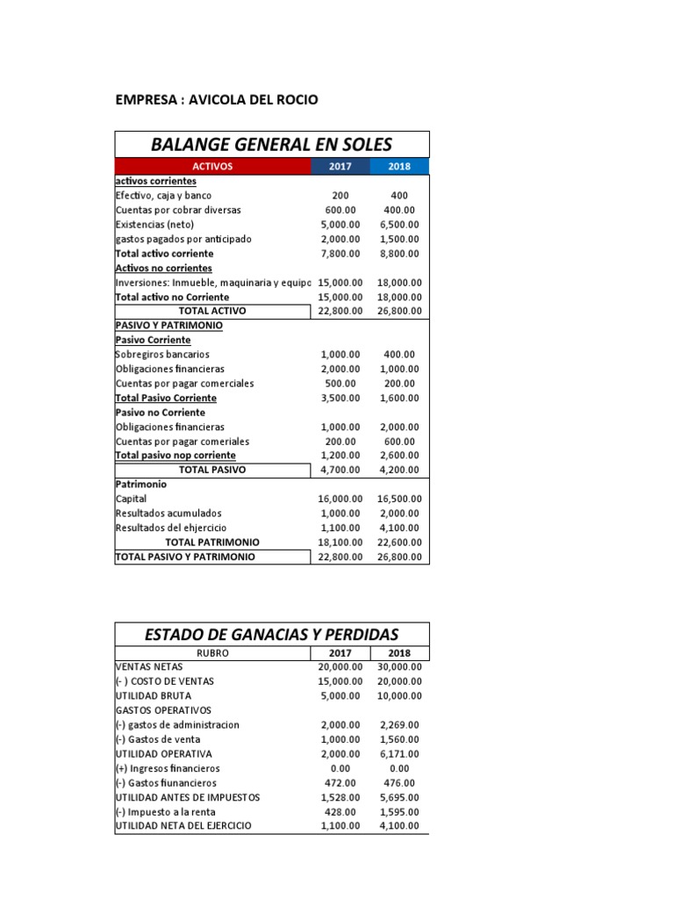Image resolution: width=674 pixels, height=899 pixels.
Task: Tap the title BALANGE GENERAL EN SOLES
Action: coord(271,144)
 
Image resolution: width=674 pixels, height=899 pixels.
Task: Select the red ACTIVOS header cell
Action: coord(212,166)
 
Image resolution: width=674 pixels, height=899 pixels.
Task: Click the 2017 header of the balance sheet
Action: coord(340,166)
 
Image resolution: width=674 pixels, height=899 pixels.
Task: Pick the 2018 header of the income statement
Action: coord(399,652)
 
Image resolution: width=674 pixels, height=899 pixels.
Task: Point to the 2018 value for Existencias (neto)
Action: coord(399,225)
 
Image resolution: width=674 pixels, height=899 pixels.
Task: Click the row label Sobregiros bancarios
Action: coord(163,354)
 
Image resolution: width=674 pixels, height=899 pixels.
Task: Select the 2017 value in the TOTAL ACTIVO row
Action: coord(340,311)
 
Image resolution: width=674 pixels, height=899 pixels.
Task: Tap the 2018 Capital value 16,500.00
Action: coord(399,499)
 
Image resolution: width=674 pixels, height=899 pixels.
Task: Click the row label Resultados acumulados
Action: coord(168,513)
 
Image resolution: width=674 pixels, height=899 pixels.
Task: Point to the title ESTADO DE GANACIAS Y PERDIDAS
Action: coord(271,634)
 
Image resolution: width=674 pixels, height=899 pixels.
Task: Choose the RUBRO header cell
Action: coord(212,652)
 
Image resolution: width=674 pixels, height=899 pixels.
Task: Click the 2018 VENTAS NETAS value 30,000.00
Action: coord(399,666)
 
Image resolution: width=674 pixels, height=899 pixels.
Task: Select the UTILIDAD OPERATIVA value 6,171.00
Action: coord(399,753)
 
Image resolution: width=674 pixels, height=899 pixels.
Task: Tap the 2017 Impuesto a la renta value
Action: coord(340,811)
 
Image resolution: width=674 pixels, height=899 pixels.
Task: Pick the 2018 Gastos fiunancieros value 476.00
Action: coord(399,782)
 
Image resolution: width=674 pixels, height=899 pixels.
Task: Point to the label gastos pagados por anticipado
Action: coord(183,239)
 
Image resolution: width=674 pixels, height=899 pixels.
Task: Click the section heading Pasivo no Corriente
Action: coord(161,412)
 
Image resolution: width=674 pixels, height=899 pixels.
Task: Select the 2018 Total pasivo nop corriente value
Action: coord(399,456)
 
